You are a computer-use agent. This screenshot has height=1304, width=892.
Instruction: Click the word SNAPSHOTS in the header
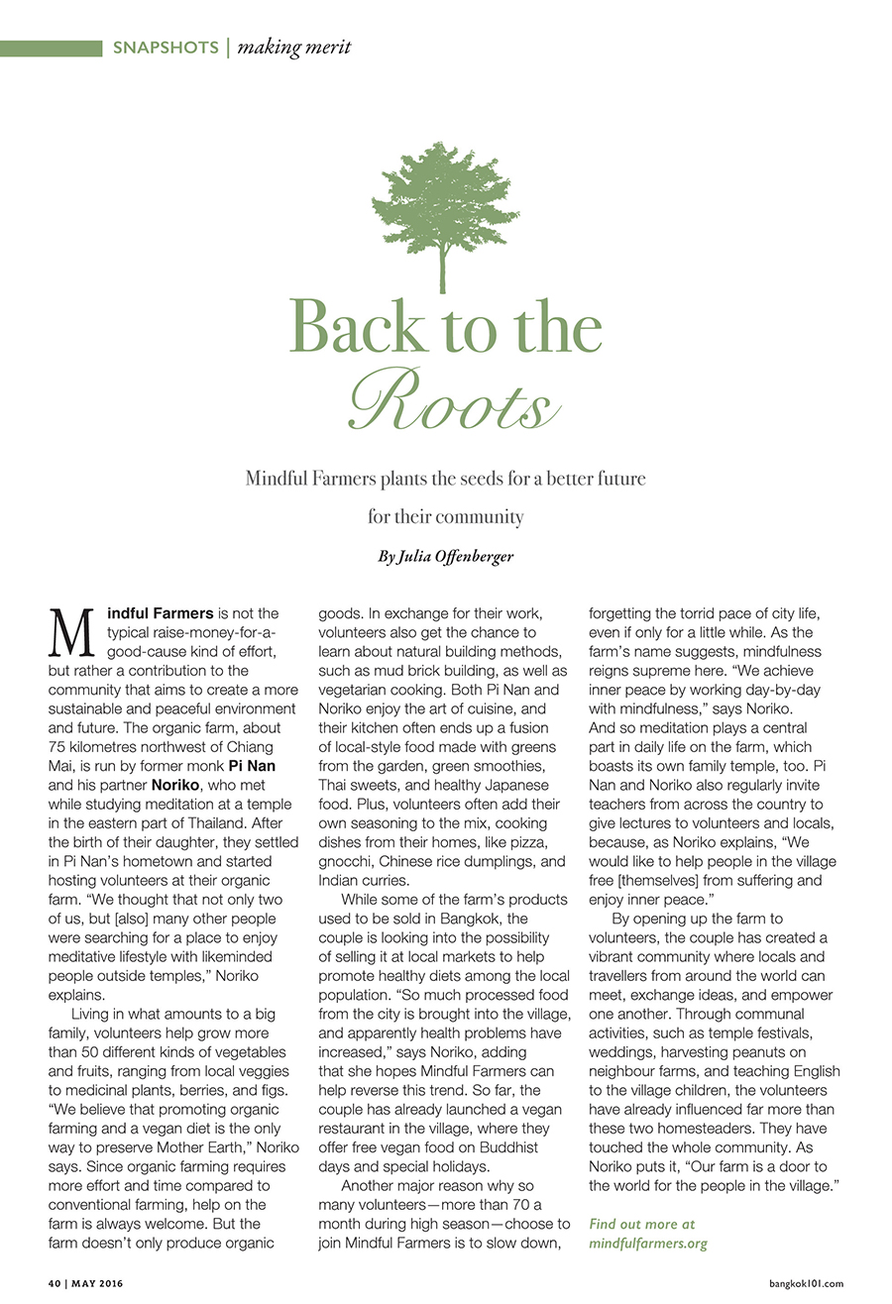coord(166,47)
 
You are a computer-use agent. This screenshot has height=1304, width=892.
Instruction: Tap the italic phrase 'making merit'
coord(294,47)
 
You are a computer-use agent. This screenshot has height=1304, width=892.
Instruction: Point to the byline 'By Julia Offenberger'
coord(446,556)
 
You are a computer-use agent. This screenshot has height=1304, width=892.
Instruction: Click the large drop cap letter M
coord(72,633)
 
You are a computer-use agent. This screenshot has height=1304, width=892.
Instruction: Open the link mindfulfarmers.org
coord(648,1243)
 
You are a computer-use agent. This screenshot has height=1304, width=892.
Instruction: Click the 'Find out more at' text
coord(642,1225)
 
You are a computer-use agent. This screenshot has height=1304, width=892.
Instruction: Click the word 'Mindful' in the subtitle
coord(275,479)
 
